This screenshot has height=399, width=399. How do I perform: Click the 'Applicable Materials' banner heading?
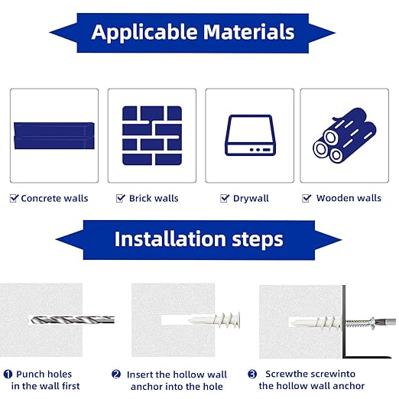click(193, 32)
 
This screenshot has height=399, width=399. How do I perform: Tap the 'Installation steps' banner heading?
click(199, 238)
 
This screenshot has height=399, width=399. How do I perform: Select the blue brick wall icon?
click(152, 135)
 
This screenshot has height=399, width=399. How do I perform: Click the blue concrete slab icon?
click(54, 134)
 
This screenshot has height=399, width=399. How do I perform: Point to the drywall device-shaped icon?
click(249, 135)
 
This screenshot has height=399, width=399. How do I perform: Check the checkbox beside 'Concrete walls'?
click(14, 198)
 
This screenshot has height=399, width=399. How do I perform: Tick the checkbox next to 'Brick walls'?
click(121, 198)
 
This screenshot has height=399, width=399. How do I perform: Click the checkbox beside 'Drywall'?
click(225, 198)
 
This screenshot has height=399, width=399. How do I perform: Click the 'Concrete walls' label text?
click(54, 199)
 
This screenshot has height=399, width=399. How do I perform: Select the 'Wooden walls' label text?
click(349, 199)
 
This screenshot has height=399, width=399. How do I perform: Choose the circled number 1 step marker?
click(7, 375)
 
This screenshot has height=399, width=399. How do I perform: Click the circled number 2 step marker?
click(116, 375)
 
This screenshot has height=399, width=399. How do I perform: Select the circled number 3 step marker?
click(252, 375)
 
